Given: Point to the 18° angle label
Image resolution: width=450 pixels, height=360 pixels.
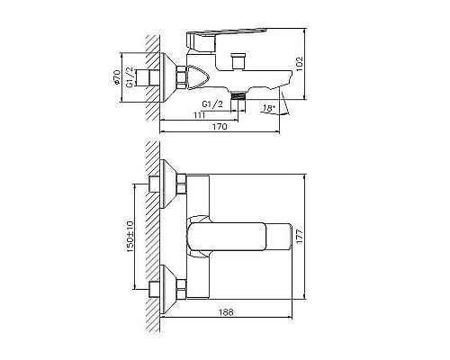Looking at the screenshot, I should (x=266, y=108).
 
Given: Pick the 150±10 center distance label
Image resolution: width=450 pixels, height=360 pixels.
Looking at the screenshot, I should (x=130, y=236).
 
